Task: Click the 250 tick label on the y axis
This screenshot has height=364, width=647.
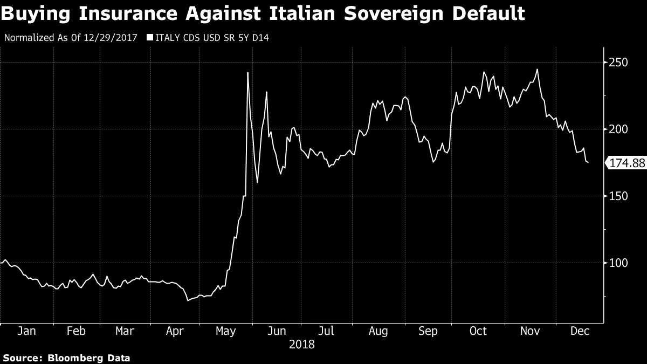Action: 619,63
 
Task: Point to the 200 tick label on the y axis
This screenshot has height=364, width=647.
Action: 619,129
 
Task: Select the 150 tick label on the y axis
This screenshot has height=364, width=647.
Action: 619,196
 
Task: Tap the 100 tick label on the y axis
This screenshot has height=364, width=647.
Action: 619,263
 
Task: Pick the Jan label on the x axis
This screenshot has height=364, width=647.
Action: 27,331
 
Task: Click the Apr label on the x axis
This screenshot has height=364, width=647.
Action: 175,331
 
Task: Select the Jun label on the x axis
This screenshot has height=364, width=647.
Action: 277,331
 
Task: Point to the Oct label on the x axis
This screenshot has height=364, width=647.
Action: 478,331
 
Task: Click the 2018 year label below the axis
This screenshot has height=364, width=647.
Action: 302,344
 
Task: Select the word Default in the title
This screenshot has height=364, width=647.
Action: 488,13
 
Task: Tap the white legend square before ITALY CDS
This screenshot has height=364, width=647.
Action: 150,38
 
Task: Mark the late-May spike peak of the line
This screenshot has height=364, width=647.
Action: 247,72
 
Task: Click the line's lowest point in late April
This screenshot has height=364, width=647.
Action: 188,300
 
